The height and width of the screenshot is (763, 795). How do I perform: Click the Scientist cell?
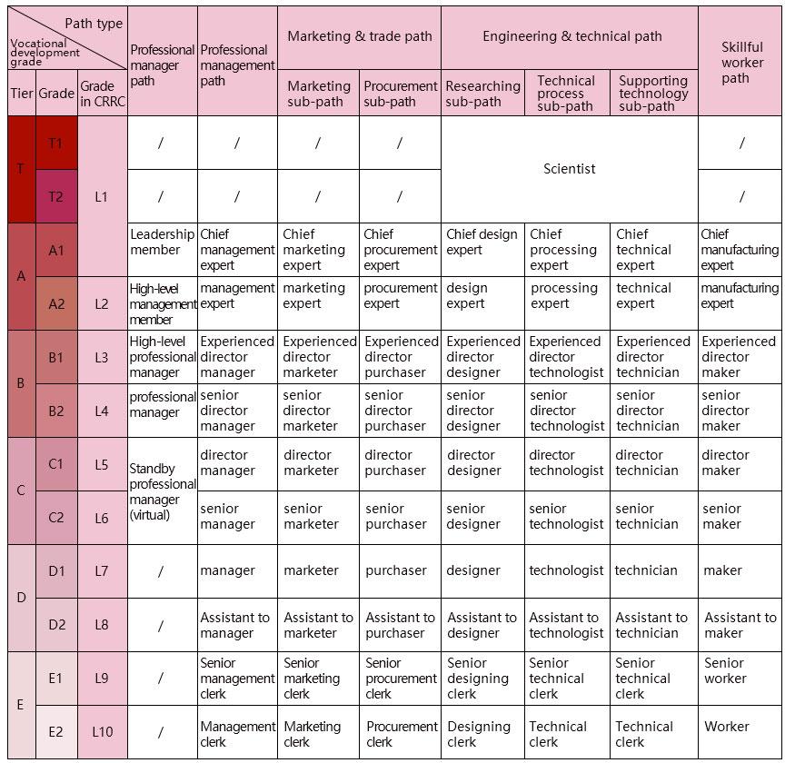pyautogui.click(x=569, y=169)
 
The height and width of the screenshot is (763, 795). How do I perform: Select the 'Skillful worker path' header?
pyautogui.click(x=741, y=62)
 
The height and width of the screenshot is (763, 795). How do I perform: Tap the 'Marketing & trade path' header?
pyautogui.click(x=360, y=36)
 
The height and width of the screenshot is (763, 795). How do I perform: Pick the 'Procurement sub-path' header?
pyautogui.click(x=400, y=94)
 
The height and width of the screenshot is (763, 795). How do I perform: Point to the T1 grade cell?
pyautogui.click(x=55, y=143)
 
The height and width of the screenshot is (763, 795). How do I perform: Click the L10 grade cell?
pyautogui.click(x=103, y=731)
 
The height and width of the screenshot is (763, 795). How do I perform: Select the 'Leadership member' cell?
pyautogui.click(x=162, y=242)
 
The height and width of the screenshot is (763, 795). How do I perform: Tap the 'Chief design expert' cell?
pyautogui.click(x=482, y=242)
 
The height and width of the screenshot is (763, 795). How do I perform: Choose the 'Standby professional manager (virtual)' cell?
pyautogui.click(x=162, y=491)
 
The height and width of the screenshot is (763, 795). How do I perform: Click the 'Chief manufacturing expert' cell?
pyautogui.click(x=740, y=250)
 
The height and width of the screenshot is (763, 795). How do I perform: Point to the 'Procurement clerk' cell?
pyautogui.click(x=401, y=733)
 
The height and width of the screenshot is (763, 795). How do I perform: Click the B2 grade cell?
pyautogui.click(x=55, y=411)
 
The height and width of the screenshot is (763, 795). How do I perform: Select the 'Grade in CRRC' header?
pyautogui.click(x=103, y=94)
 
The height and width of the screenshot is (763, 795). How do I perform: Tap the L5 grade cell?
pyautogui.click(x=103, y=464)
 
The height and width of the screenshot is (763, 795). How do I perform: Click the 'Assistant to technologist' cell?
pyautogui.click(x=566, y=625)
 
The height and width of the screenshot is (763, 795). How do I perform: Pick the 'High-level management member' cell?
pyautogui.click(x=162, y=303)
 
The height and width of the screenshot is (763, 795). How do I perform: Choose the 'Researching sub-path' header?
pyautogui.click(x=482, y=94)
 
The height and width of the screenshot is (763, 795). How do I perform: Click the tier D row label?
pyautogui.click(x=21, y=598)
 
